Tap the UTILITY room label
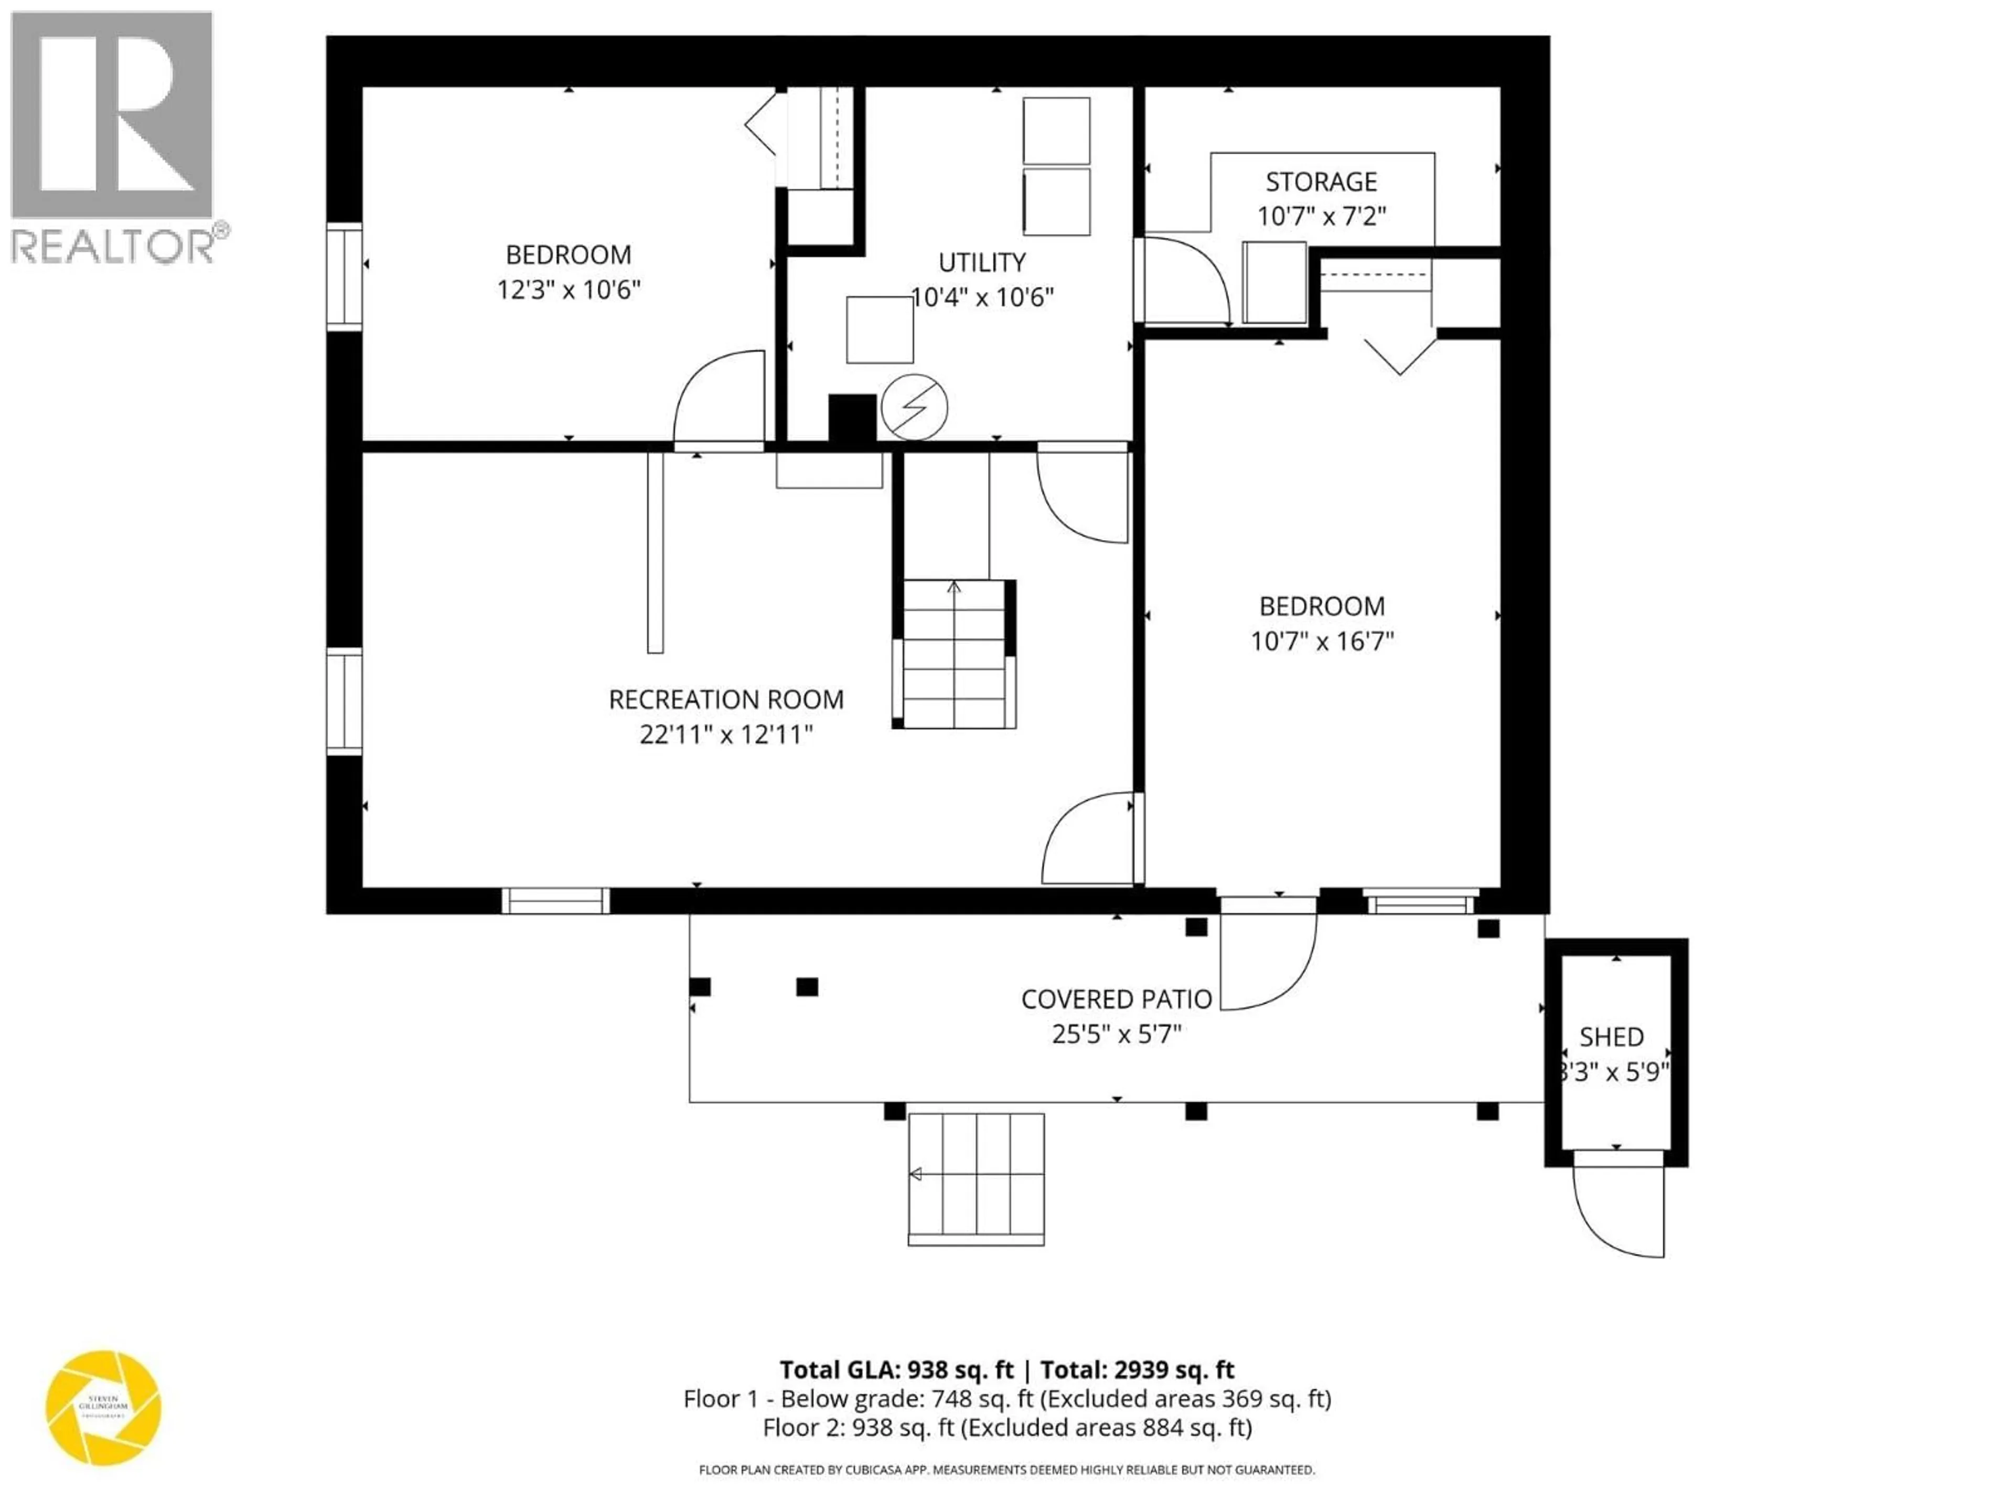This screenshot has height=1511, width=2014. click(981, 262)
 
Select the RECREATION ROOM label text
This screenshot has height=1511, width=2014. click(726, 699)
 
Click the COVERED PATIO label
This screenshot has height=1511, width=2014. click(1116, 999)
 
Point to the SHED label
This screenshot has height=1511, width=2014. click(1612, 1037)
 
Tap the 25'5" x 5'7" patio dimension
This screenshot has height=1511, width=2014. click(1116, 1035)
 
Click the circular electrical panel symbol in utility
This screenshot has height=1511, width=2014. click(914, 407)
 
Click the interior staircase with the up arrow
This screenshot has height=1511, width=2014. click(954, 653)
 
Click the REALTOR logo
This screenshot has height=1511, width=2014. click(114, 136)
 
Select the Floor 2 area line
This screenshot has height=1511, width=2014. click(1007, 1427)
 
